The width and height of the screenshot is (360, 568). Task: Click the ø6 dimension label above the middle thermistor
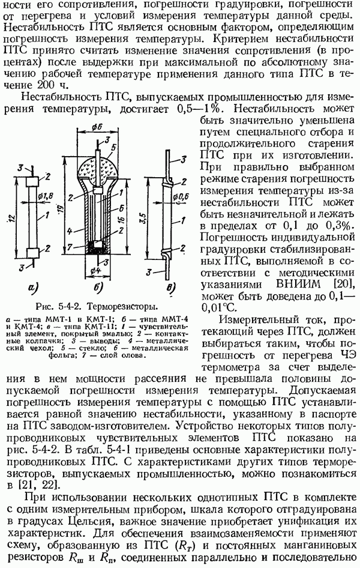(97, 127)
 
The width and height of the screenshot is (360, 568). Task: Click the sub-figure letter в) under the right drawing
(170, 288)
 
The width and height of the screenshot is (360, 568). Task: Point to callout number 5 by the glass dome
(113, 148)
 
